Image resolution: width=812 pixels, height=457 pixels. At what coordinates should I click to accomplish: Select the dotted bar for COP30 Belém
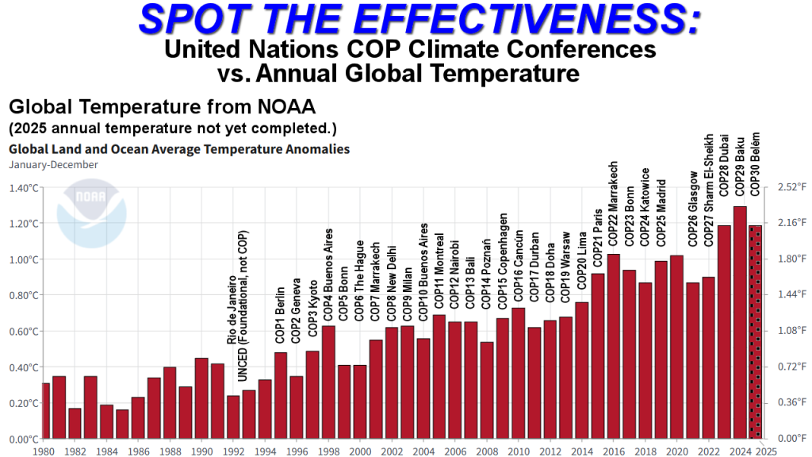[755, 332]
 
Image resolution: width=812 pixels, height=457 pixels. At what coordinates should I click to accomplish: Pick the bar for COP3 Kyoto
[312, 394]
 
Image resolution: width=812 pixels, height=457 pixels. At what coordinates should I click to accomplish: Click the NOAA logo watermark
[90, 219]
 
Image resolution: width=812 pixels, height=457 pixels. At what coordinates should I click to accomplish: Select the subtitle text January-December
[53, 165]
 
